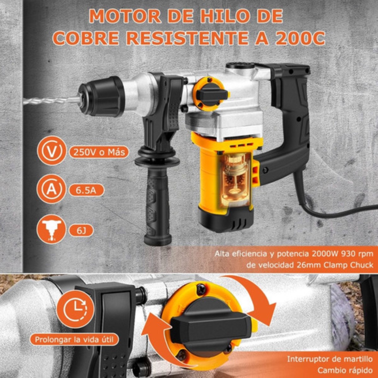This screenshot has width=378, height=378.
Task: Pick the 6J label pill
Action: (81, 231)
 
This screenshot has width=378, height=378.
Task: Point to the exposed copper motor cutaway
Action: (235, 180)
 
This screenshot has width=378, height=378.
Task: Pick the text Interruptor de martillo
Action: (330, 359)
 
